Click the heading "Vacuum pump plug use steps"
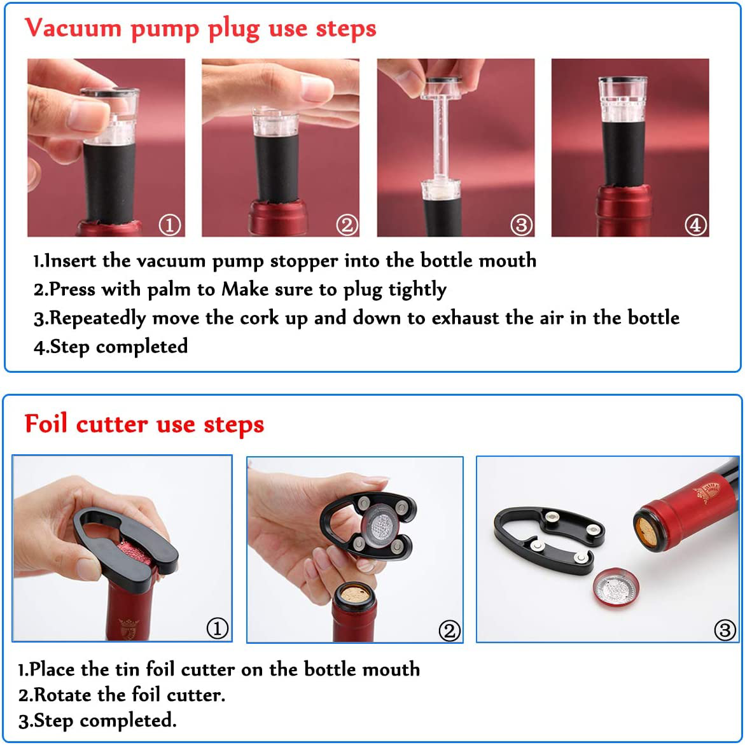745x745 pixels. [x=200, y=29]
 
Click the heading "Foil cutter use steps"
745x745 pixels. [x=144, y=424]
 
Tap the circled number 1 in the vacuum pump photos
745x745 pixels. [x=170, y=225]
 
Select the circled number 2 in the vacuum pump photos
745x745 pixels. [x=347, y=225]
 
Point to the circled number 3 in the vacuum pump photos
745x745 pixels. [x=521, y=225]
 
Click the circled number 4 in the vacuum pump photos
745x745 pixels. [x=695, y=225]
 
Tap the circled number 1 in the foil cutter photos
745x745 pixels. [x=218, y=628]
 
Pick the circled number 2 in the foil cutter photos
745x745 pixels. [x=449, y=630]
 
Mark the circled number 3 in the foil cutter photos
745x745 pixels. [x=725, y=630]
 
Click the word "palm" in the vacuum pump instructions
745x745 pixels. [x=169, y=289]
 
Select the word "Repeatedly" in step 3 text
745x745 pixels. [x=97, y=318]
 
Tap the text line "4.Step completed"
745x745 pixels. [x=111, y=347]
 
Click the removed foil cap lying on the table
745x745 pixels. [x=616, y=589]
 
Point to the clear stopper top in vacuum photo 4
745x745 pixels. [x=622, y=99]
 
